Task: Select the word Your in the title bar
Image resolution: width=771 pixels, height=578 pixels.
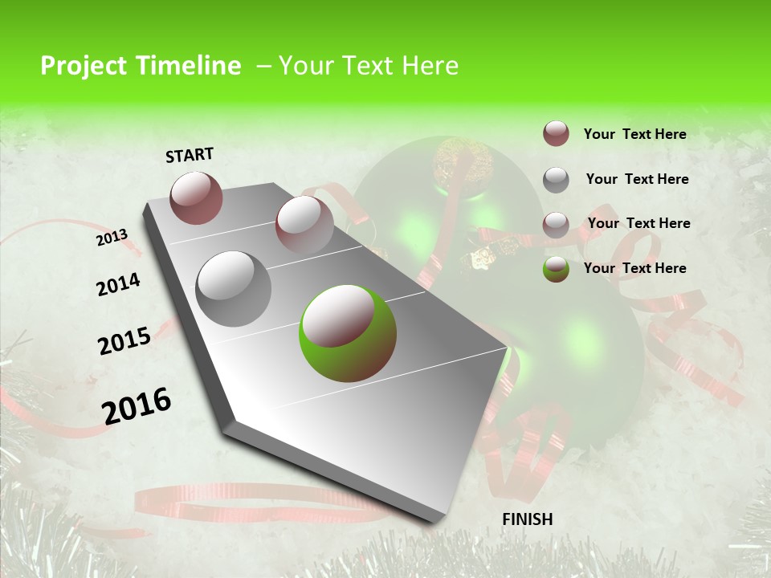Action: tap(304, 66)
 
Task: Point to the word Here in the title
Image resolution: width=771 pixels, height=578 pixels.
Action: tap(426, 66)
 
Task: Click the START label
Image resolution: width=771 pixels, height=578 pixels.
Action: tap(190, 154)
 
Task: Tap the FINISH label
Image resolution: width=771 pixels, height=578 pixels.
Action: tap(527, 519)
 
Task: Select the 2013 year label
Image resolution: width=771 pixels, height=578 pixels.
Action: tap(112, 237)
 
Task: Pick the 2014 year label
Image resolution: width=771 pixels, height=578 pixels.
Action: tap(118, 284)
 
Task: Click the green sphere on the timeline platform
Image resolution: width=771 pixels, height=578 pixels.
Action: tap(348, 333)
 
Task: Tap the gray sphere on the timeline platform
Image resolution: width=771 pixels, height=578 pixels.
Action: tap(233, 288)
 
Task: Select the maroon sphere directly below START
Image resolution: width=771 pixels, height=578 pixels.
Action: tap(197, 197)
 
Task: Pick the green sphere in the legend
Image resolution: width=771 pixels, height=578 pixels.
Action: tap(556, 269)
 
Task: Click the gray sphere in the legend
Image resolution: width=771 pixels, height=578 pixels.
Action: tap(556, 180)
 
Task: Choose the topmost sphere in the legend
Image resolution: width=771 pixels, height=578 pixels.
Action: tap(556, 134)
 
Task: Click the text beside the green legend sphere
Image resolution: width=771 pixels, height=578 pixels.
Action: tap(634, 268)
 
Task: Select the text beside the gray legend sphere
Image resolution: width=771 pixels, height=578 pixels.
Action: tap(637, 179)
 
